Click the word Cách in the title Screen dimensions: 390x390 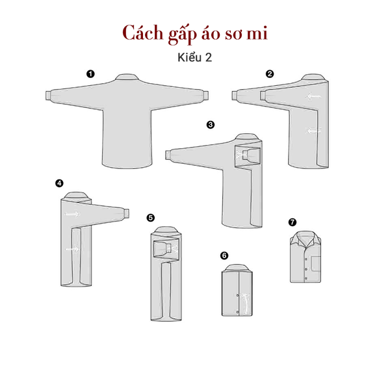click(x=143, y=33)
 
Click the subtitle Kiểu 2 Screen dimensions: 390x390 click(x=195, y=57)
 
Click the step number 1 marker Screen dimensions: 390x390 click(x=90, y=74)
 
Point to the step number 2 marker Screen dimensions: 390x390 click(x=270, y=74)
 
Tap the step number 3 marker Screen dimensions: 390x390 click(x=211, y=125)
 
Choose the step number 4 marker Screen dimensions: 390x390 click(x=59, y=183)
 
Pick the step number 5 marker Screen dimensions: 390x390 click(x=151, y=218)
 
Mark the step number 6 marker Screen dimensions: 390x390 click(x=224, y=255)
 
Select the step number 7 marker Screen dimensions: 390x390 click(x=292, y=222)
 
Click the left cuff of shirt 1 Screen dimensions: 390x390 click(x=48, y=96)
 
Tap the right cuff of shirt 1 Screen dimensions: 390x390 click(x=206, y=96)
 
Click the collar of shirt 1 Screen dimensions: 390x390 click(x=127, y=77)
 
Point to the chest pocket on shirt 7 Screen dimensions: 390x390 click(x=316, y=264)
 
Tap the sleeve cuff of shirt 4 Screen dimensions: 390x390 click(x=127, y=213)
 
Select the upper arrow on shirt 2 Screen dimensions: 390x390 click(x=314, y=96)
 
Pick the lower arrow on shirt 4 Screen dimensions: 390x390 click(x=72, y=249)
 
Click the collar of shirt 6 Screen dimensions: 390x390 click(x=237, y=268)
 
